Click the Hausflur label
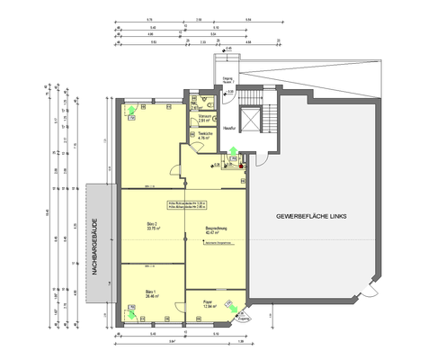pos(229,127)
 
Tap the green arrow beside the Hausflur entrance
pos(233,152)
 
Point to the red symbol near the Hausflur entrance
pos(241,166)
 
